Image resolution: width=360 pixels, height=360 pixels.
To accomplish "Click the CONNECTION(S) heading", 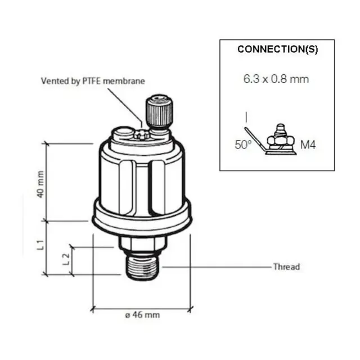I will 277,49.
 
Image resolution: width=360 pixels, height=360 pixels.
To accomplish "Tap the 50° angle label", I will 243,145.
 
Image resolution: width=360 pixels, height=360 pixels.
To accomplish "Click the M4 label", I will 308,145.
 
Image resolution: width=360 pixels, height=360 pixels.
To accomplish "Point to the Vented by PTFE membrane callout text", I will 93,81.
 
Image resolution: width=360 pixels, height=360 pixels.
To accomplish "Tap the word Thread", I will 286,267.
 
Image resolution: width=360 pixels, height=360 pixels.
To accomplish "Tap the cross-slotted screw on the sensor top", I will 141,133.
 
